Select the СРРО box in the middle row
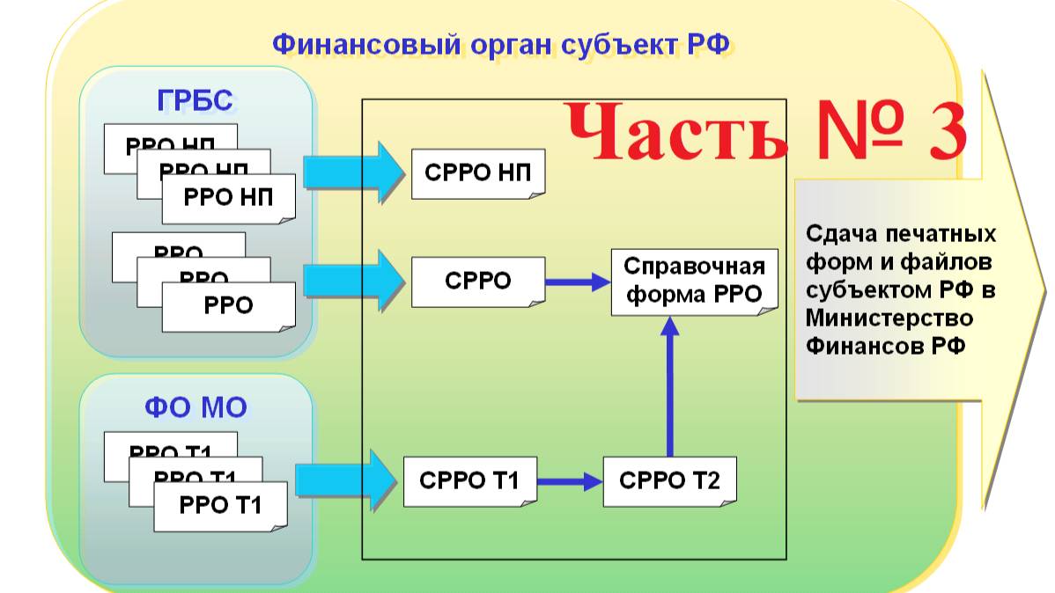coord(477,282)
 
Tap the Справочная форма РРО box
coord(695,281)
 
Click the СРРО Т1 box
coord(469,481)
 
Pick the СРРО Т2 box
coord(669,481)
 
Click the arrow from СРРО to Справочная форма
coord(578,282)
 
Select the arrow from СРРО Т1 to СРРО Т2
coord(569,481)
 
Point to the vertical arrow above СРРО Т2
coord(670,387)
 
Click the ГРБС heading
coord(196,101)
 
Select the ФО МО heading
coord(196,407)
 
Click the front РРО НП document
coord(229,197)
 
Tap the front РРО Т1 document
coord(220,506)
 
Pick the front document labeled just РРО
coord(229,305)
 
